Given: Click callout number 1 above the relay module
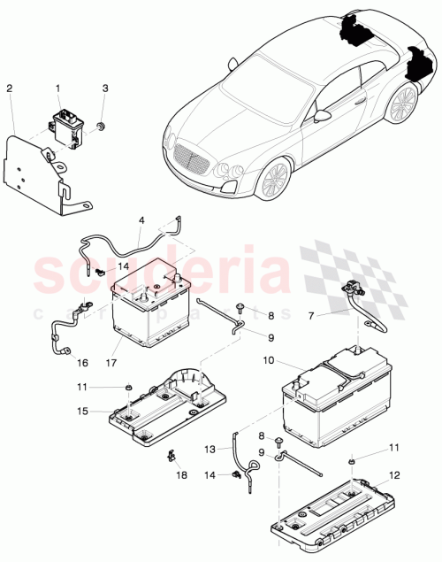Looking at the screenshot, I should pos(59,89).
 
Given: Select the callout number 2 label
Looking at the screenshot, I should pos(10,89).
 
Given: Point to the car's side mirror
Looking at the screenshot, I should pos(324,116).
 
